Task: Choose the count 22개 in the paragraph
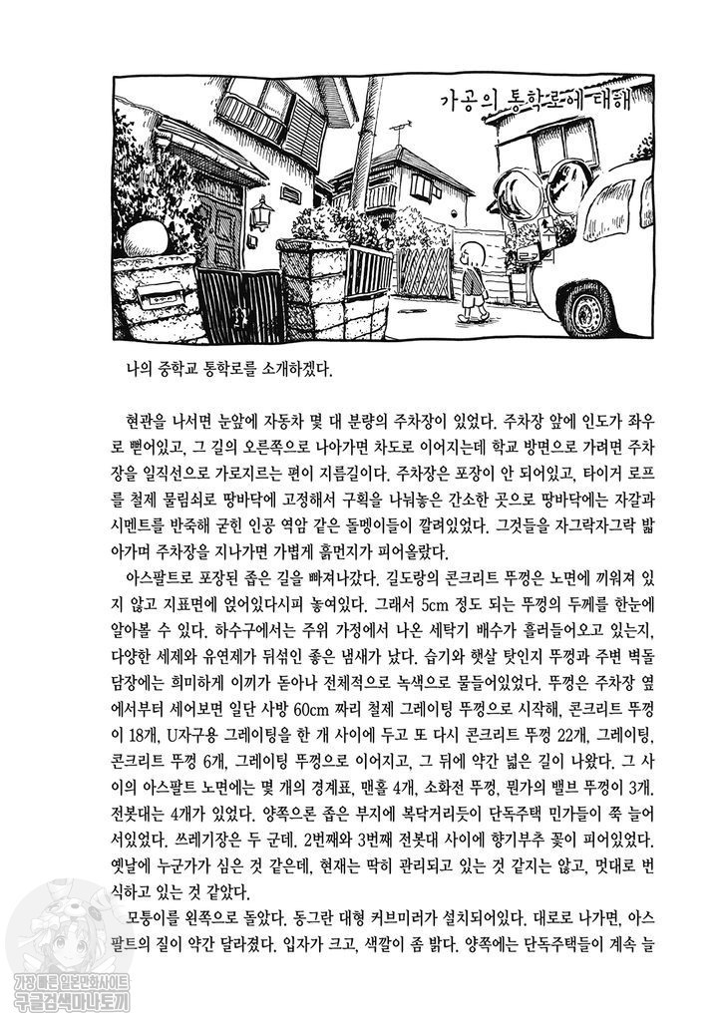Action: (x=555, y=736)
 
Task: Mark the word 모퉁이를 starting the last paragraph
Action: (x=154, y=917)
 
